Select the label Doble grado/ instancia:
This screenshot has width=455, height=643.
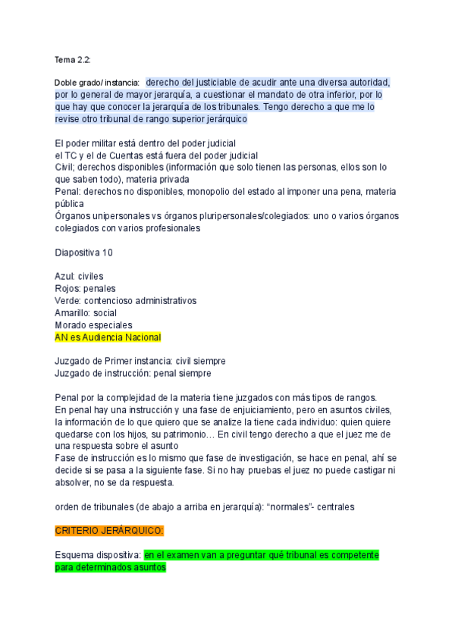coord(97,82)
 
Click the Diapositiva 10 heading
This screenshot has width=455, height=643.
coord(83,252)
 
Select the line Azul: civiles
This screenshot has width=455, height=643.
coord(79,276)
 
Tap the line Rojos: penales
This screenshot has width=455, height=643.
coord(86,288)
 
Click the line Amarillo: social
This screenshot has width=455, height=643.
coord(86,312)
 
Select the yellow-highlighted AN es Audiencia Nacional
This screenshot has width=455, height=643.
coord(108,337)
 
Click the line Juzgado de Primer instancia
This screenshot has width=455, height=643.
coord(140,361)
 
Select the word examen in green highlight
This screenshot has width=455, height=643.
coord(185,555)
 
